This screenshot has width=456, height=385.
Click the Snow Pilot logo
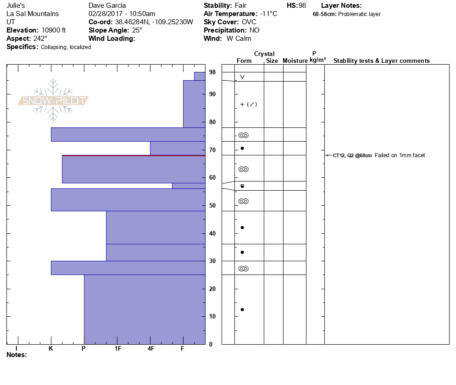(53, 100)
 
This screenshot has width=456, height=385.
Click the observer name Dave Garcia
(107, 5)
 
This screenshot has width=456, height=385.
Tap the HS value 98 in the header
(302, 5)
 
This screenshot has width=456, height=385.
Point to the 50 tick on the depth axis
(212, 206)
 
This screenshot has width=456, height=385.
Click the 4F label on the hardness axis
(151, 349)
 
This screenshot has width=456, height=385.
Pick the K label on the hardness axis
(51, 349)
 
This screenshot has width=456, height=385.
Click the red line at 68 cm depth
(133, 156)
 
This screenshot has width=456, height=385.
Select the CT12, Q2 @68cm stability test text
(352, 155)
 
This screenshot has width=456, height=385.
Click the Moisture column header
(295, 60)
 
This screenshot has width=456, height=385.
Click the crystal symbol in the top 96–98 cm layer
(242, 77)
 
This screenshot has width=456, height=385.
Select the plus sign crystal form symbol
(242, 104)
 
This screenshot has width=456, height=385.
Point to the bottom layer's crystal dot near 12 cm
(242, 309)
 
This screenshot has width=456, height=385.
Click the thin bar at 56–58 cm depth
(188, 186)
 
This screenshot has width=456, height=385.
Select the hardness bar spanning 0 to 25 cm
(144, 309)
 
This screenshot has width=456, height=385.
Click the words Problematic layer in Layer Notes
(359, 14)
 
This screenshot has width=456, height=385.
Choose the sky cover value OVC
(249, 22)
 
